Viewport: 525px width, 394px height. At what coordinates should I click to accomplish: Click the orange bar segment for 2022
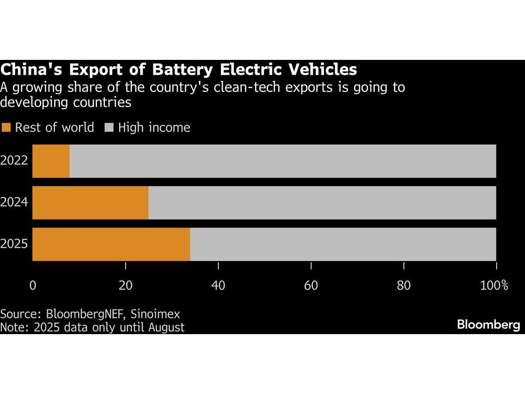(x=51, y=161)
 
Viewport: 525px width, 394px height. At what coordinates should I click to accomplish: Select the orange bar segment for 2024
(x=91, y=203)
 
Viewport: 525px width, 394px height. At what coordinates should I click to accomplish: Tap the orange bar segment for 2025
(x=112, y=244)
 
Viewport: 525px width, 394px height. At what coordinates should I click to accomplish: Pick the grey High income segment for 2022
(x=282, y=161)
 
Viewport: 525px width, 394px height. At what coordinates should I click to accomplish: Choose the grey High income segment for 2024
(x=322, y=203)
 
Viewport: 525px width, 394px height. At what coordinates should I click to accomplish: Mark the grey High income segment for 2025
(x=343, y=244)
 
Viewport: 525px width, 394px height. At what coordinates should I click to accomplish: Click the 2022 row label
(x=14, y=161)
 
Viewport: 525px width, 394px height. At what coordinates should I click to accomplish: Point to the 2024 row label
(x=14, y=203)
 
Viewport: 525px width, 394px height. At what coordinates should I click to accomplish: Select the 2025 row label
(x=14, y=244)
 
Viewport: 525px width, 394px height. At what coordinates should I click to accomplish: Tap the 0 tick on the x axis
(x=33, y=286)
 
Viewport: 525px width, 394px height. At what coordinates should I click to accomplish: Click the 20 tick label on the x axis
(x=125, y=286)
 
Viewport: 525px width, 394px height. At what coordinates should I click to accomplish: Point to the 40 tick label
(x=218, y=286)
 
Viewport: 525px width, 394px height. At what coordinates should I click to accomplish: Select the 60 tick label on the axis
(x=311, y=286)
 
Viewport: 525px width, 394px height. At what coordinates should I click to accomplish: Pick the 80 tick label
(x=403, y=286)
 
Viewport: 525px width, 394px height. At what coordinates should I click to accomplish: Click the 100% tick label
(x=494, y=286)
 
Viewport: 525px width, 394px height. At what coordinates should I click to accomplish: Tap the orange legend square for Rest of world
(x=6, y=128)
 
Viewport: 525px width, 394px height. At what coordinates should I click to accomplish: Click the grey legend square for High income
(x=109, y=128)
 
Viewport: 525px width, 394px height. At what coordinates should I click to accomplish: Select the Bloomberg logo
(x=488, y=325)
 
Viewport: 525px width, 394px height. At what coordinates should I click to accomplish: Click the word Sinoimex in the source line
(x=155, y=315)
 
